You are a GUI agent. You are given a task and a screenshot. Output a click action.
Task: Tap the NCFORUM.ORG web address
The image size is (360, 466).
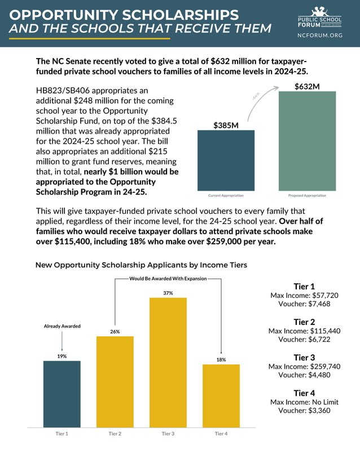pos(320,35)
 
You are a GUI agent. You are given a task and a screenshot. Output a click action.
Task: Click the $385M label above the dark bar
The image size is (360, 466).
pos(226,125)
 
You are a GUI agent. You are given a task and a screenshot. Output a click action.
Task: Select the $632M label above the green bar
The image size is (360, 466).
pos(307,86)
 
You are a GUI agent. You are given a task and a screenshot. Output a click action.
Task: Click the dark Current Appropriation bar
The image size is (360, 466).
pos(226,160)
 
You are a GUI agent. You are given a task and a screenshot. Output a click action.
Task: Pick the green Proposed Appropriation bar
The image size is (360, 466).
pos(307,141)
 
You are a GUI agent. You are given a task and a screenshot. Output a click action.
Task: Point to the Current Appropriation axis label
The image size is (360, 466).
pos(226,196)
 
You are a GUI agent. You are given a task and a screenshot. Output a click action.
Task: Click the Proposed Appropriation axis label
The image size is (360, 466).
pos(307,196)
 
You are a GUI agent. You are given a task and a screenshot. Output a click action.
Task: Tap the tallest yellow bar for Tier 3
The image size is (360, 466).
pos(168,362)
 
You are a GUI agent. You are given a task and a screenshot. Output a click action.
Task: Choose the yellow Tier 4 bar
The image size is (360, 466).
pos(221,395)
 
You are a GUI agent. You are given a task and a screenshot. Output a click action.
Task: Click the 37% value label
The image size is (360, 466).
pos(168,293)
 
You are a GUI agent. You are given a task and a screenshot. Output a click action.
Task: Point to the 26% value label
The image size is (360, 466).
pos(115,332)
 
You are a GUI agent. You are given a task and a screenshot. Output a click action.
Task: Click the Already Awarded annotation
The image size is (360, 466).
pos(62,326)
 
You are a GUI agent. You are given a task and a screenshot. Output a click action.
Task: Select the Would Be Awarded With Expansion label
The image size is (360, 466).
pos(168,278)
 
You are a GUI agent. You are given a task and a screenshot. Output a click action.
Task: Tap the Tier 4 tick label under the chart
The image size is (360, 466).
pos(221,433)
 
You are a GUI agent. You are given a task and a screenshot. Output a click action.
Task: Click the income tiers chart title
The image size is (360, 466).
pos(141,265)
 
